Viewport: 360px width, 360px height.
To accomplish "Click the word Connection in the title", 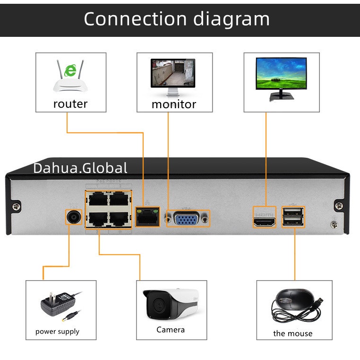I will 134,19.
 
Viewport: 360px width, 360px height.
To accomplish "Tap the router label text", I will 70,103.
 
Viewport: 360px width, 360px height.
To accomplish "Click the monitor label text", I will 173,104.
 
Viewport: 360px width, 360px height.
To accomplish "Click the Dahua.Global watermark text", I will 80,168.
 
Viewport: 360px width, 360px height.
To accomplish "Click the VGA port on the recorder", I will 187,219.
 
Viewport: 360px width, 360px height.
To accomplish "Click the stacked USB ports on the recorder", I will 293,217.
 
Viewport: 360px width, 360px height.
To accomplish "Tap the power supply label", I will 57,332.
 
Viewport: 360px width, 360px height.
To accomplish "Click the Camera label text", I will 171,330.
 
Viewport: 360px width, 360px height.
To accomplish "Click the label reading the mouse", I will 293,334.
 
